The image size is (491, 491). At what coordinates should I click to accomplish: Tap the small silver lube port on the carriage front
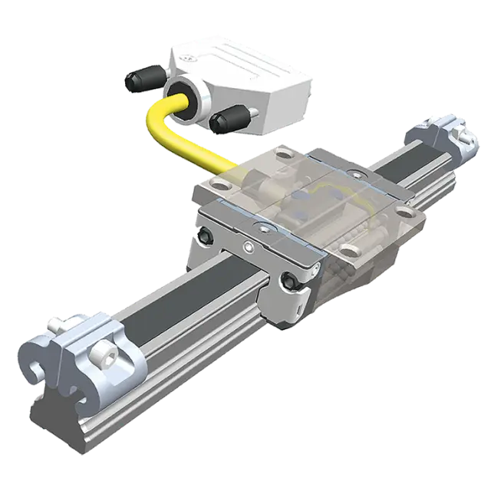(x=248, y=247)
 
